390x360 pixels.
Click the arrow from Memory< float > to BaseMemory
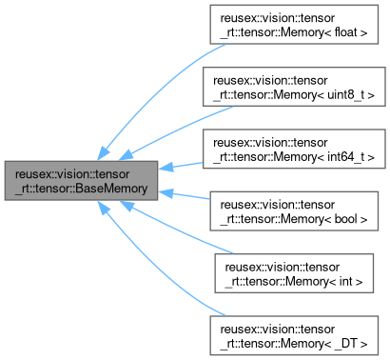(x=152, y=95)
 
